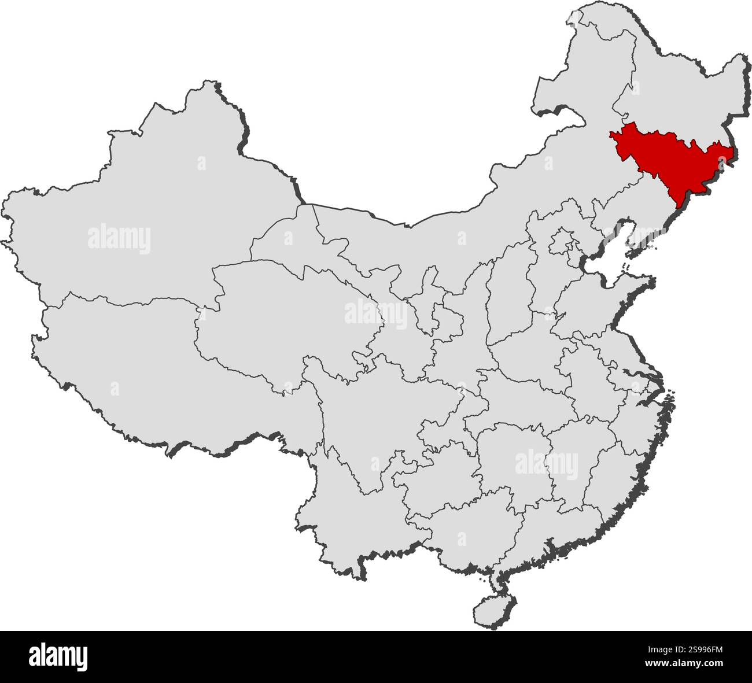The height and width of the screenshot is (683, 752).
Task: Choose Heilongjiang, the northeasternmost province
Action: tap(677, 87)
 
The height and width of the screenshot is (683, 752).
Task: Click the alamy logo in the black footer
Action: tap(58, 656)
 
